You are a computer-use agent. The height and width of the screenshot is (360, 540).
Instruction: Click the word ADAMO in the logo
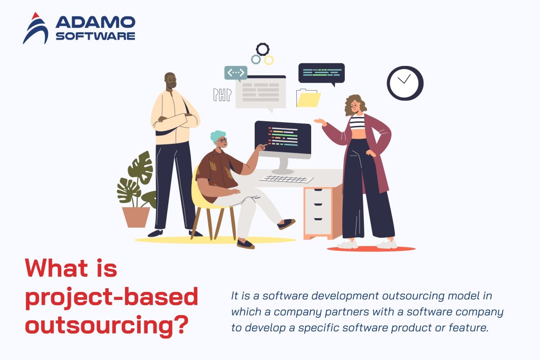pos(95,22)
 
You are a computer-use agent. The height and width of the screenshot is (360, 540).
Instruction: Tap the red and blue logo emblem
pos(35,29)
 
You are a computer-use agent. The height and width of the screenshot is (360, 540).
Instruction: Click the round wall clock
pos(405,83)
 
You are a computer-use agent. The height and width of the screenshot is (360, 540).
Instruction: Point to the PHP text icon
pos(222,95)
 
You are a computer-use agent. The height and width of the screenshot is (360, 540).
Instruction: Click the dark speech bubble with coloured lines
pos(321,73)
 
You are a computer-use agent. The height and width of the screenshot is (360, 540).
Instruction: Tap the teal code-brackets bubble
pos(236,73)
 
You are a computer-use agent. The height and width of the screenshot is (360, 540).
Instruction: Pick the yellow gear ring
pos(269,60)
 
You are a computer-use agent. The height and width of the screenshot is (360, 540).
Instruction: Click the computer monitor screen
pos(283,138)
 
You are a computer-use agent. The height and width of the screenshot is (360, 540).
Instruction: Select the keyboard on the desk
pos(287,179)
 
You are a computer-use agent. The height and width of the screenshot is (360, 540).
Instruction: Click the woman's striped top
pos(357,123)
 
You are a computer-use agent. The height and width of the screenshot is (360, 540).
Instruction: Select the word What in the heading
pos(55,269)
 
